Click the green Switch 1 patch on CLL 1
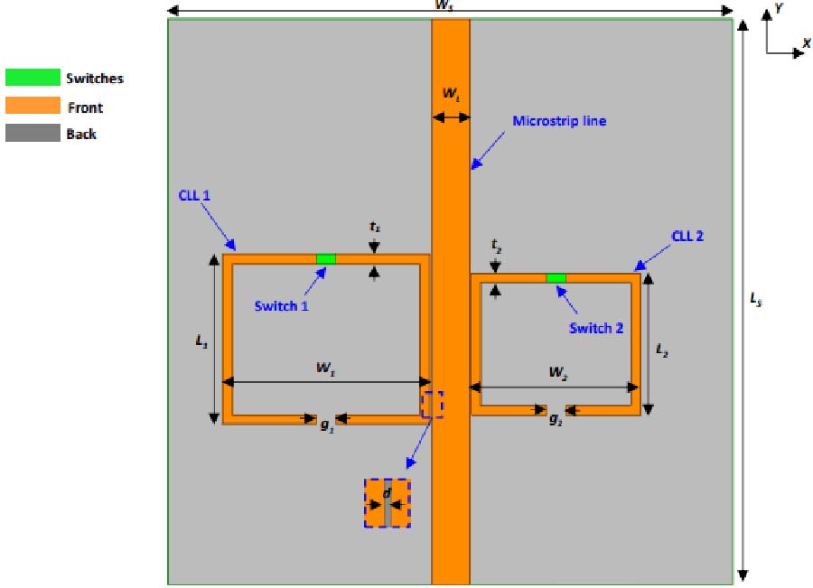(326, 259)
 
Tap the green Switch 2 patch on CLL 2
(556, 277)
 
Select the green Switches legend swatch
(33, 78)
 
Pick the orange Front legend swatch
(33, 106)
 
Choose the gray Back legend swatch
(33, 133)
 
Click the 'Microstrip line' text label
(559, 121)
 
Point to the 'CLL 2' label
(687, 237)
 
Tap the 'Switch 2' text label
(595, 328)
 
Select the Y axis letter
(777, 10)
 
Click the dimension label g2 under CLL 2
(556, 420)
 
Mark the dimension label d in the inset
(387, 493)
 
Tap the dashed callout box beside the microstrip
(433, 404)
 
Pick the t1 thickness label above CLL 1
(374, 229)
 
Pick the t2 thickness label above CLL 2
(495, 244)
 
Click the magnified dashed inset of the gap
(387, 503)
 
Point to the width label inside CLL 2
(557, 371)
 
